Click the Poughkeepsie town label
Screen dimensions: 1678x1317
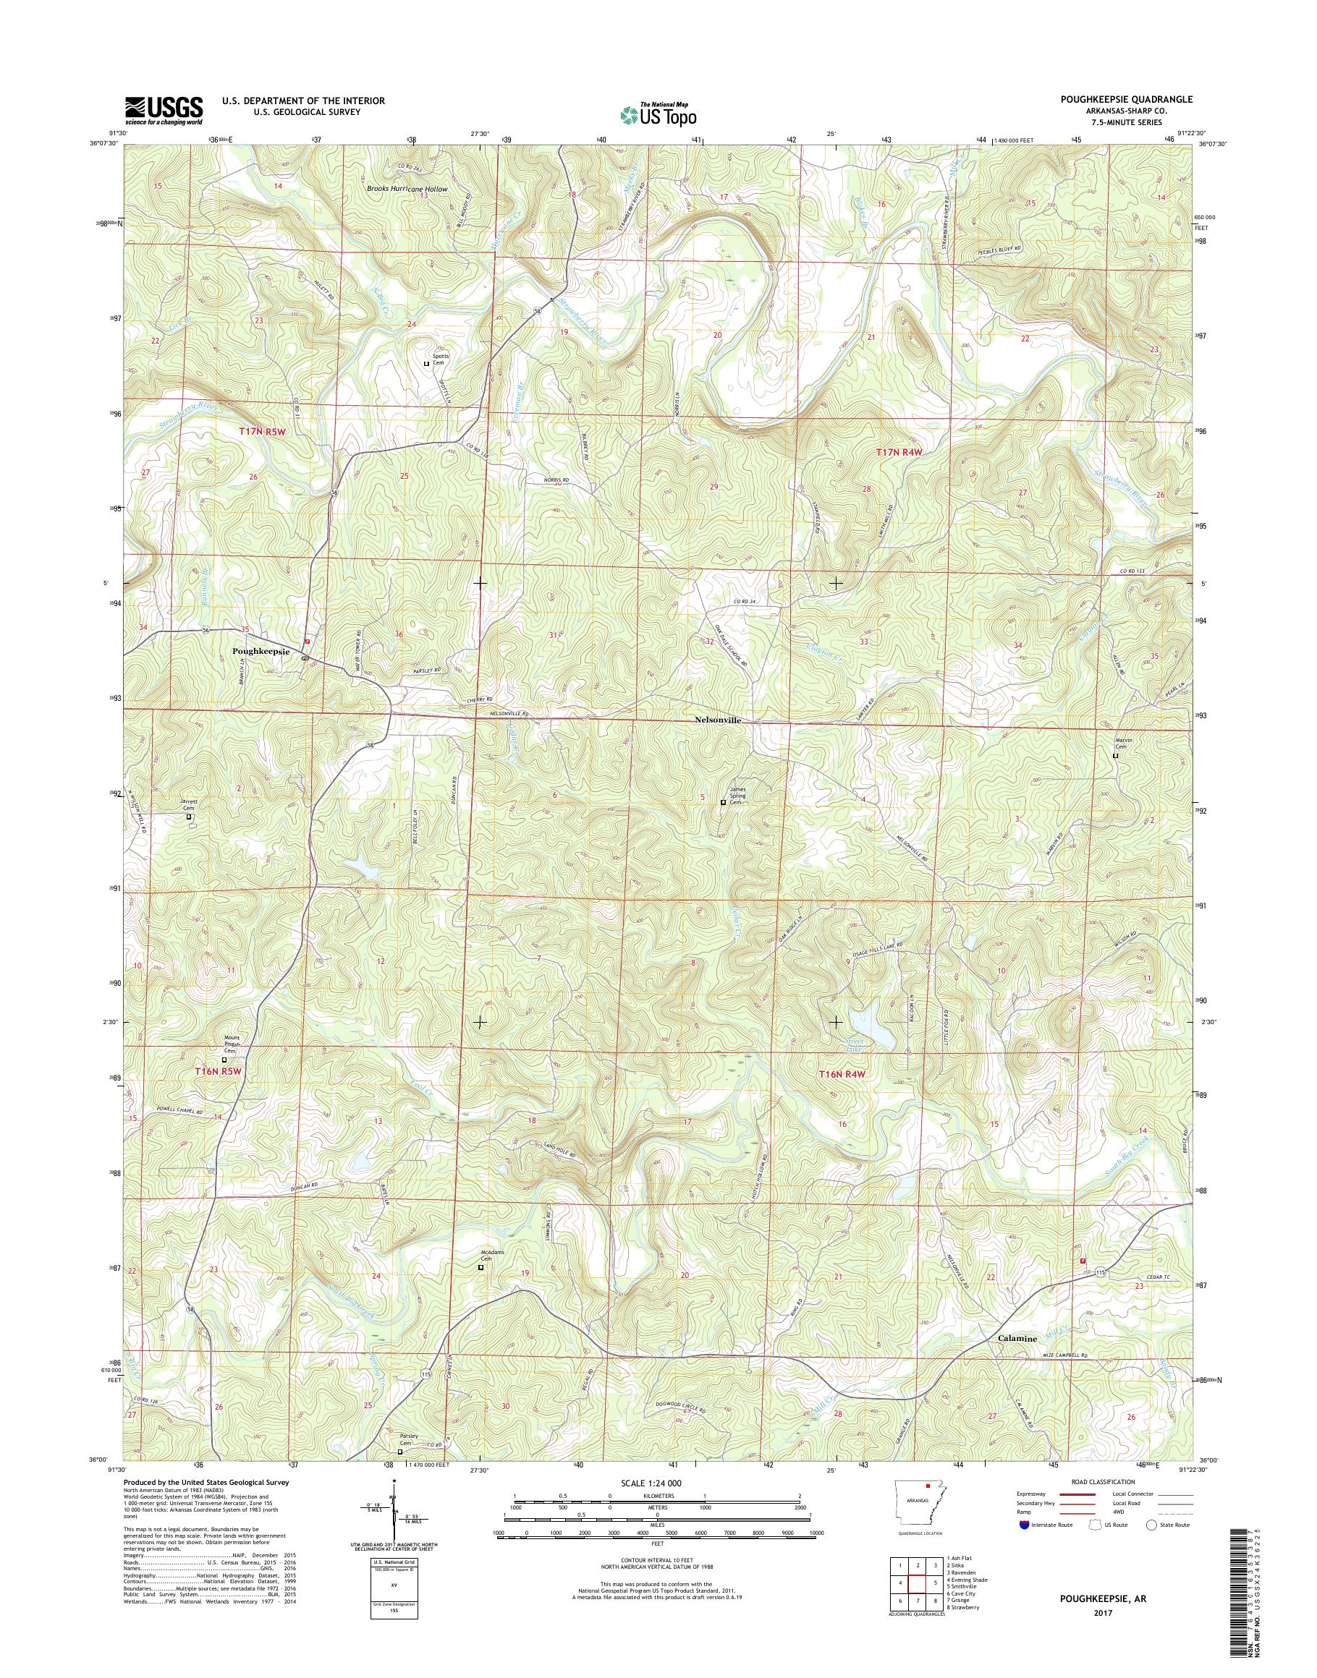click(x=261, y=652)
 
